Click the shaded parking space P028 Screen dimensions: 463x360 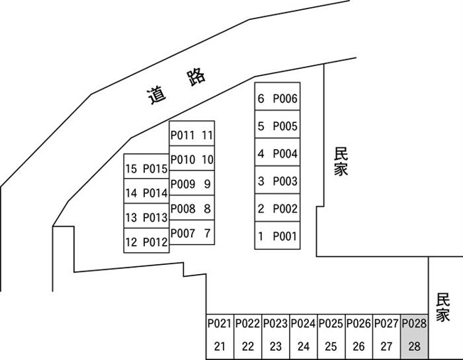coord(414,337)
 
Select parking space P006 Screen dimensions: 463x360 coord(277,97)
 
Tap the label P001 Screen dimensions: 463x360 coord(285,236)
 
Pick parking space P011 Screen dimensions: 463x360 coord(192,133)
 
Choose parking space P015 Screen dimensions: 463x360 coord(146,166)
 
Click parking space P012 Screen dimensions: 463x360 coord(146,241)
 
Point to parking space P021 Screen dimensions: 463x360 coord(219,337)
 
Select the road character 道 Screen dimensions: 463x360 coord(156,95)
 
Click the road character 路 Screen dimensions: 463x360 coord(196,77)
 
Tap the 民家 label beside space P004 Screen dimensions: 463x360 coord(341,161)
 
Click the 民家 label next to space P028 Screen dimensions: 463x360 coord(443,307)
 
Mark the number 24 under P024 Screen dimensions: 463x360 coord(303,346)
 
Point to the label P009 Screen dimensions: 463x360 coord(183,184)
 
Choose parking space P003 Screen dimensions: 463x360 coord(277,180)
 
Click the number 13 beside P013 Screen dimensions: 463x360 coord(131,218)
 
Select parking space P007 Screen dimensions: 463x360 coord(192,232)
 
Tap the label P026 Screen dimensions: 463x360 coord(359,323)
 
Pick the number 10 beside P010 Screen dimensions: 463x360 coord(207,160)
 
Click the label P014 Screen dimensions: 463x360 coord(156,193)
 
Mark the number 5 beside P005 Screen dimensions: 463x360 coord(261,126)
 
